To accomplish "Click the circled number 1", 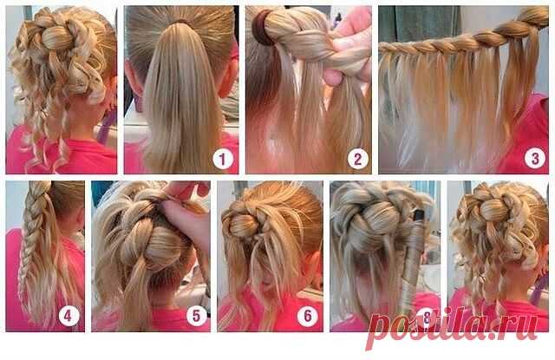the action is (223, 159).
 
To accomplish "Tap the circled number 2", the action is (358, 159).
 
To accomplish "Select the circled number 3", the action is (534, 158).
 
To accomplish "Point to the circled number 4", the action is (69, 316).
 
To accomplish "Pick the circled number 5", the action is (197, 316).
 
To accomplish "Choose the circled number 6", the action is (308, 316).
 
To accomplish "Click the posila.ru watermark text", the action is (453, 328).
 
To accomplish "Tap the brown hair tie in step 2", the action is (261, 28).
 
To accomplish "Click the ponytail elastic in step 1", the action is (180, 22).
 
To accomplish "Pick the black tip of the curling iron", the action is (420, 215).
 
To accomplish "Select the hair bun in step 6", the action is (245, 225).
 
